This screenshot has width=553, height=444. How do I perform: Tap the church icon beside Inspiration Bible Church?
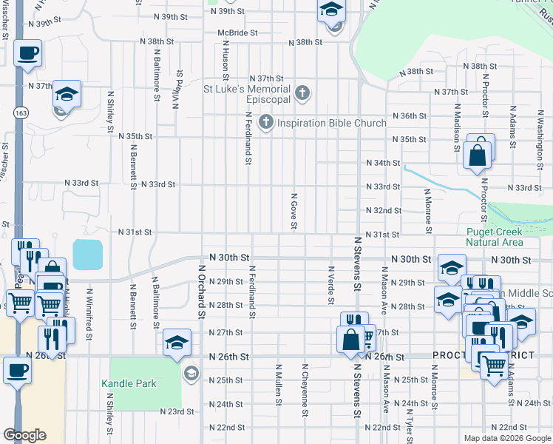coord(265,123)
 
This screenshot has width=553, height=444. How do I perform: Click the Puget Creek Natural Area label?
coord(495,237)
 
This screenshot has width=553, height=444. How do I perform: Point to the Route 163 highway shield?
coord(20,112)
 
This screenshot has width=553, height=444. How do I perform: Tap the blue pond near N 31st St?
coord(89,255)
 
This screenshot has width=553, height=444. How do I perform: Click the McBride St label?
coord(237,33)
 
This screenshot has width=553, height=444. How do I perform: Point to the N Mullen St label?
coord(279,384)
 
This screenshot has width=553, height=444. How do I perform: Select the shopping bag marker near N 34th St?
coord(478,155)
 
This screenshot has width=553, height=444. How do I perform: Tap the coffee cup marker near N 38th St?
coord(28,53)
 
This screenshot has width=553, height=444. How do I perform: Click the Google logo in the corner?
coord(24,434)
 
